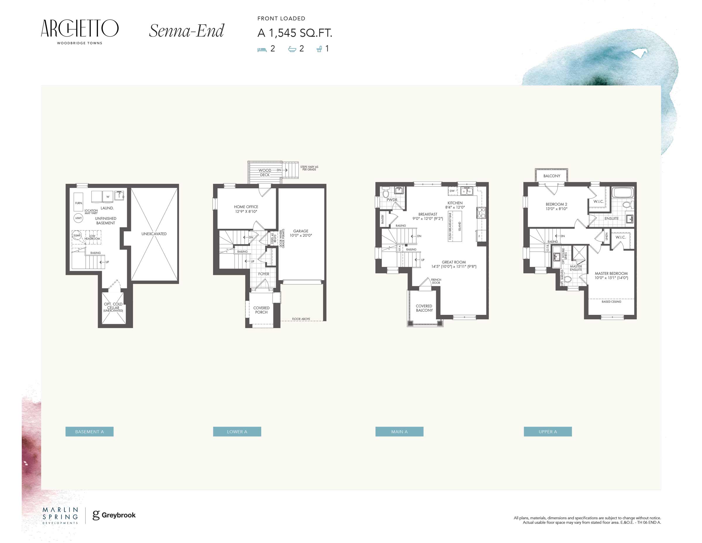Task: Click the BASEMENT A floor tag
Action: click(89, 431)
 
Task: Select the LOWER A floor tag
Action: click(237, 431)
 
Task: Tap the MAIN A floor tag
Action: click(399, 431)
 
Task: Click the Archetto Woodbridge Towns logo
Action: click(80, 32)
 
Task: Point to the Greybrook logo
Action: click(114, 515)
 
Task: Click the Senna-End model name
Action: click(186, 31)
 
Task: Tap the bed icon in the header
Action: click(262, 49)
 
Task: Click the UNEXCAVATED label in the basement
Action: click(154, 234)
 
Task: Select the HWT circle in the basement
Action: click(78, 218)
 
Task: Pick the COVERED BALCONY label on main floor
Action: click(424, 308)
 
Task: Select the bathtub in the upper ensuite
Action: click(623, 193)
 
